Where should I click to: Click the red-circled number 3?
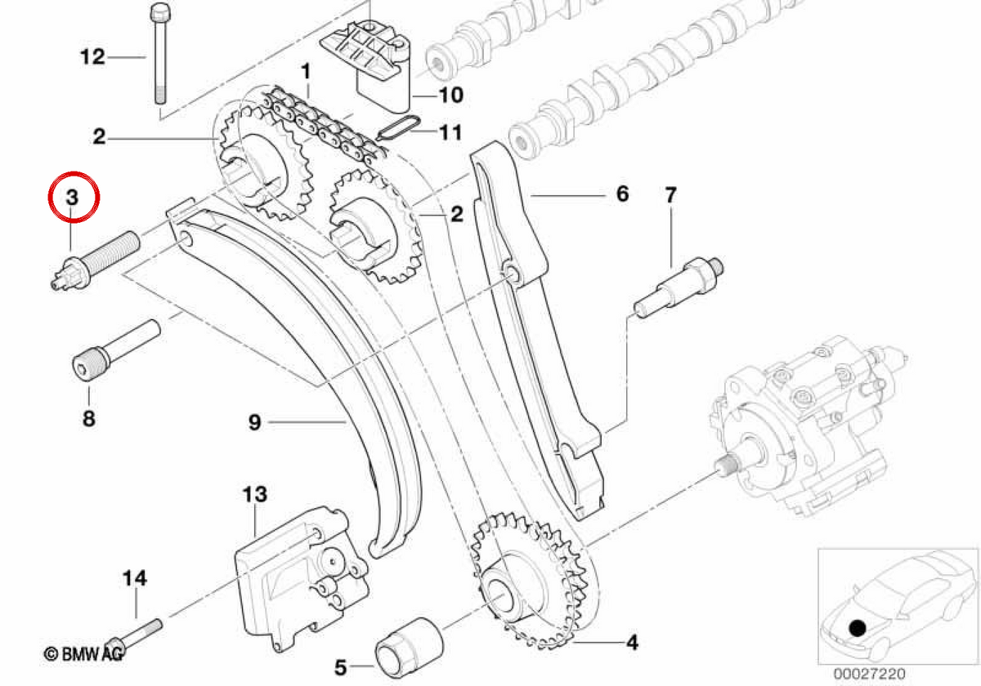[72, 198]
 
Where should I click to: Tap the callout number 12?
[93, 57]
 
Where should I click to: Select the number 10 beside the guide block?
[451, 95]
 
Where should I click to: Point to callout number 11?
[451, 132]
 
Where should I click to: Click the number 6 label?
[622, 194]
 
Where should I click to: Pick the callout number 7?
[671, 195]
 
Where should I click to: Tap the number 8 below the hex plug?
[89, 419]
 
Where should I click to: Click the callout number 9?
[255, 422]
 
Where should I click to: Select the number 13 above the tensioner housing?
[255, 494]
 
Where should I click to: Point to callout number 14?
[135, 578]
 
